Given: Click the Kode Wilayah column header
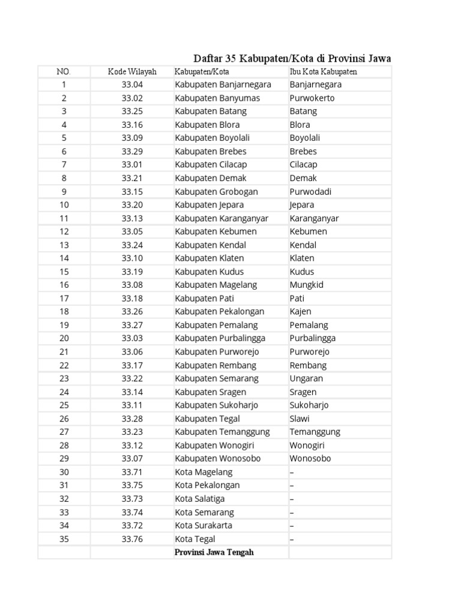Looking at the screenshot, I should click(x=132, y=72).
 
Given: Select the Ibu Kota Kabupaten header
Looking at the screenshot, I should click(x=323, y=72).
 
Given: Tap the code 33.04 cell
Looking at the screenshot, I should click(x=132, y=85).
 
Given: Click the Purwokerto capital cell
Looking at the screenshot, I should click(x=312, y=98).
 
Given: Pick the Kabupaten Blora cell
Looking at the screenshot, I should click(x=207, y=125).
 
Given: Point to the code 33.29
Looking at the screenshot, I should click(x=132, y=151).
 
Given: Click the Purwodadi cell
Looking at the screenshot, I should click(x=310, y=191).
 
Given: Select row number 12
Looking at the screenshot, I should click(x=64, y=231).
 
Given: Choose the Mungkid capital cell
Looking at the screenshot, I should click(x=306, y=285).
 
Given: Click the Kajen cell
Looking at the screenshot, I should click(x=300, y=311).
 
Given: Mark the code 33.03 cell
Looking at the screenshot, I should click(x=132, y=338).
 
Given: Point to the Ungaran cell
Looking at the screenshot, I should click(x=306, y=378).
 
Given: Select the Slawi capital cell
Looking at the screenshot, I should click(x=300, y=419).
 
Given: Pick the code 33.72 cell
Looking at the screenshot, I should click(x=132, y=525).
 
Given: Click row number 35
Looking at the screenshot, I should click(x=64, y=539).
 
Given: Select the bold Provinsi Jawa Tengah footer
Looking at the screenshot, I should click(x=214, y=552).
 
